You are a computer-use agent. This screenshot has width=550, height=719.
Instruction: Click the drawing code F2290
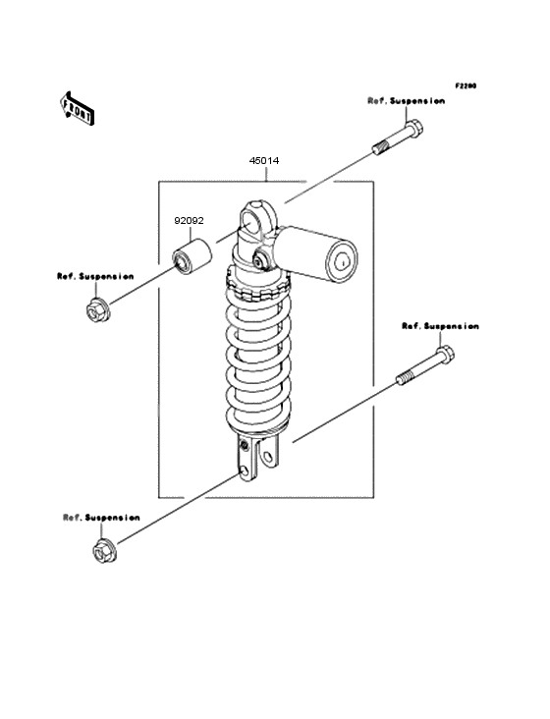coord(465,86)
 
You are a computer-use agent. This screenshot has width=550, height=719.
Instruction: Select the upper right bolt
coord(397,138)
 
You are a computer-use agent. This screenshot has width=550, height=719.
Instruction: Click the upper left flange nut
coord(97,313)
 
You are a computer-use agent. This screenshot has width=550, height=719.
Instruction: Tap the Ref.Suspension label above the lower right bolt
coord(440,325)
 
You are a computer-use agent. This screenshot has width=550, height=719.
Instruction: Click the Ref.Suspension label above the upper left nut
coord(94,277)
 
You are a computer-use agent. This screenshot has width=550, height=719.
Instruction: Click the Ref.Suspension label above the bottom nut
coord(101,517)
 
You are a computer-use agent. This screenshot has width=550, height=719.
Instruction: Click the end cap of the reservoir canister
coord(343,261)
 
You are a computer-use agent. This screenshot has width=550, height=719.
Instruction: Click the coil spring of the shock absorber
coord(257,363)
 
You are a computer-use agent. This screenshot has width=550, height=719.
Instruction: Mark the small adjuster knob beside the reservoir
coord(262,259)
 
